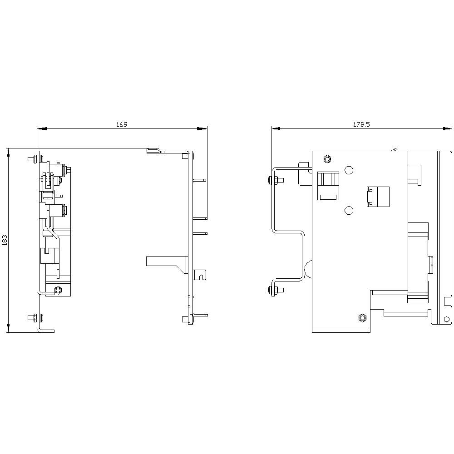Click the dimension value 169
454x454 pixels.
[x=122, y=124]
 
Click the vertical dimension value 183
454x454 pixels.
[x=5, y=240]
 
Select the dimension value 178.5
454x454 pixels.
[x=362, y=124]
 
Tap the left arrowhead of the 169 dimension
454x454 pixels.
[x=42, y=128]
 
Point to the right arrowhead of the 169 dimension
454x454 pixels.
[x=202, y=128]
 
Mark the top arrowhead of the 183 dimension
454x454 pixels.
[x=9, y=153]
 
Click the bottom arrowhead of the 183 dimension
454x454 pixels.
[x=9, y=327]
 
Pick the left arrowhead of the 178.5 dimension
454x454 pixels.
[x=276, y=128]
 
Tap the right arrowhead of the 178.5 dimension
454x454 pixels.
[x=447, y=128]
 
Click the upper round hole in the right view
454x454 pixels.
[x=349, y=170]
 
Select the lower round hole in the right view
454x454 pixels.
[x=349, y=210]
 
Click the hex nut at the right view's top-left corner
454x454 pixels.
[x=327, y=159]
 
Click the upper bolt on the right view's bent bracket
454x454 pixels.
[x=275, y=180]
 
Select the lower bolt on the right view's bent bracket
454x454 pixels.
[x=275, y=290]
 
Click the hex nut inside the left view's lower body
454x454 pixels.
[x=58, y=290]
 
